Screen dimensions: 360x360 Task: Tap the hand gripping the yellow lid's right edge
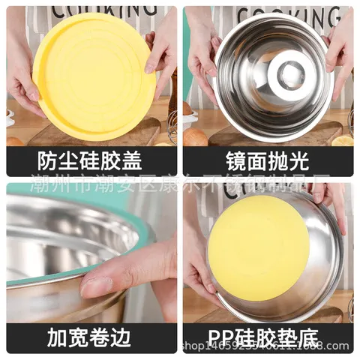(x=163, y=52)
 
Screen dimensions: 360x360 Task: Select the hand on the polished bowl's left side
(x=201, y=52)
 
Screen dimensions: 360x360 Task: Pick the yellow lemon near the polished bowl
(x=343, y=140)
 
